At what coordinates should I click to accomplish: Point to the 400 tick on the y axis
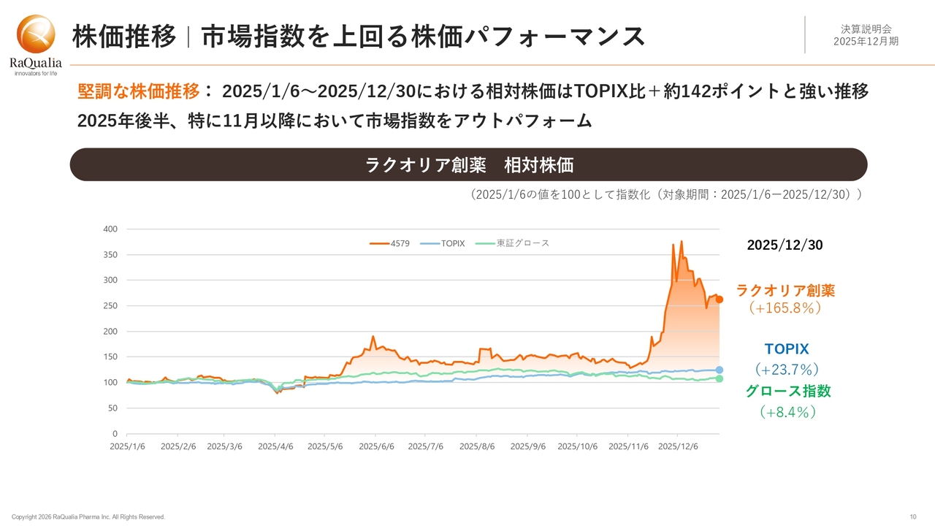[110, 229]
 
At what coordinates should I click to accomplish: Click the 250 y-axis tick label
[110, 306]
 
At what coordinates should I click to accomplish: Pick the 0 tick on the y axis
[115, 434]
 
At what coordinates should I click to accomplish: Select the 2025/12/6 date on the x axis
[679, 445]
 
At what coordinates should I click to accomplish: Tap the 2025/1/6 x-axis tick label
[127, 445]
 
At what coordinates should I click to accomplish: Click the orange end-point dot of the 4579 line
[720, 299]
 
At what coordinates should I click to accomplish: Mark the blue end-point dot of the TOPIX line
[720, 370]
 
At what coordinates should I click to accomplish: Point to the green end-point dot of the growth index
[720, 378]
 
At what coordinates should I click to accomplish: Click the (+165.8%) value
[786, 308]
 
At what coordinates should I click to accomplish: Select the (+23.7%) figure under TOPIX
[786, 370]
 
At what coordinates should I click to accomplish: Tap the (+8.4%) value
[787, 412]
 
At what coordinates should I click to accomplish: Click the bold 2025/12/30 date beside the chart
[785, 245]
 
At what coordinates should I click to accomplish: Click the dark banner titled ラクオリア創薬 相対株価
[468, 165]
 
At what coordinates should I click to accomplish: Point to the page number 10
[912, 517]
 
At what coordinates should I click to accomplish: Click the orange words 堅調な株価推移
[138, 91]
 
